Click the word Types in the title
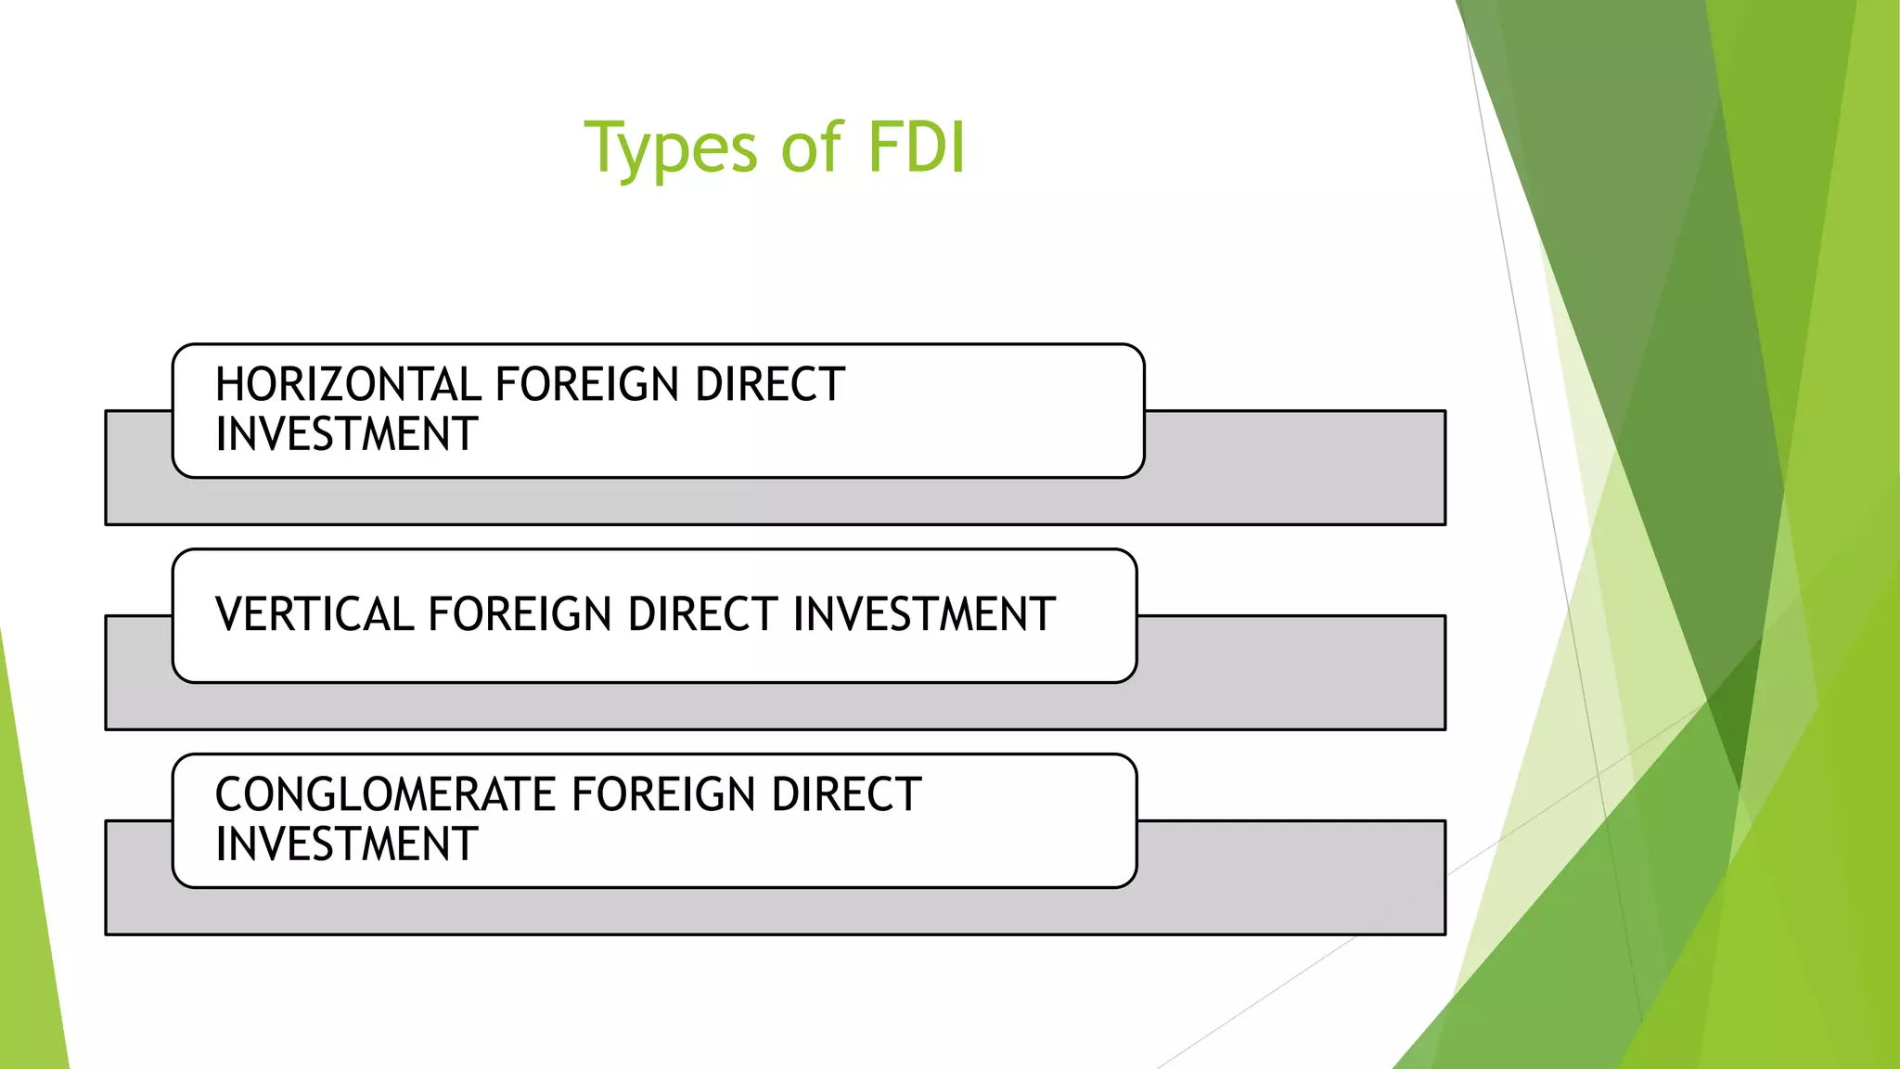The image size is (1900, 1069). (671, 148)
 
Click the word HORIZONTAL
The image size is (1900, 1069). (347, 385)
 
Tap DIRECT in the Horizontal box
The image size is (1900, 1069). (770, 385)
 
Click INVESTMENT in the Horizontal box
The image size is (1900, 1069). (347, 434)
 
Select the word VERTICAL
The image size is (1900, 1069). (314, 614)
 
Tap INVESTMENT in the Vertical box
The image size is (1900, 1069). (925, 614)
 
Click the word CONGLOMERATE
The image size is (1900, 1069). (385, 795)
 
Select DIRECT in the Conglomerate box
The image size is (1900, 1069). (846, 795)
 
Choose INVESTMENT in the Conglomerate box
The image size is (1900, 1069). (347, 844)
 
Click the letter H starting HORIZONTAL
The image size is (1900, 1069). (228, 385)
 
